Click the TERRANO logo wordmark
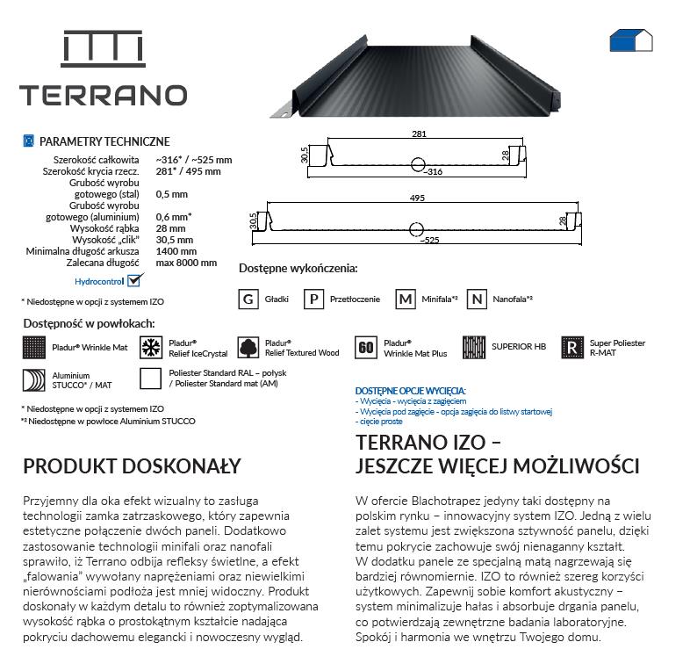[103, 95]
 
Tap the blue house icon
[630, 39]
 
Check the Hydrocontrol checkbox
[134, 281]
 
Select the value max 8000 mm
[185, 262]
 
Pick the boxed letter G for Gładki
[249, 299]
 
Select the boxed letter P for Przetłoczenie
[313, 299]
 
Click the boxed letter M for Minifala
[405, 299]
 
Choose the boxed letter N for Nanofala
[477, 299]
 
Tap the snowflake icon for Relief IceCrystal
[152, 347]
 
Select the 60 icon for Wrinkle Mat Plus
[366, 347]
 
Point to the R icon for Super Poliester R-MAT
[572, 347]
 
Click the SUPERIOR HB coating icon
[474, 347]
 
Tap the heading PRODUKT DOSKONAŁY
[132, 465]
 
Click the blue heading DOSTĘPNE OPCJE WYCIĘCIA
[410, 390]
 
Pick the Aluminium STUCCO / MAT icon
[34, 380]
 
